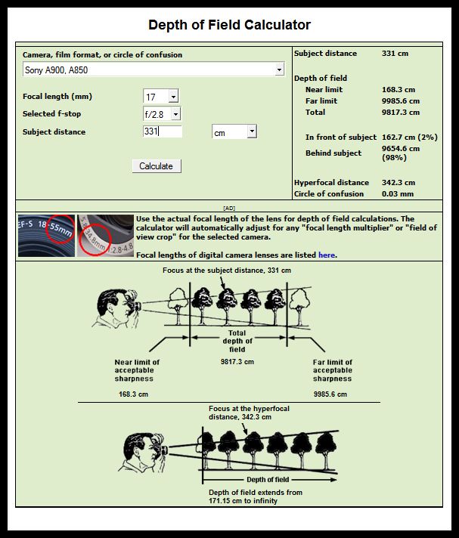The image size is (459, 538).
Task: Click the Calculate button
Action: (156, 166)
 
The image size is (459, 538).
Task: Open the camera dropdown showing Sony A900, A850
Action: (153, 70)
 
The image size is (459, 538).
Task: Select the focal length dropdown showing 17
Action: (161, 97)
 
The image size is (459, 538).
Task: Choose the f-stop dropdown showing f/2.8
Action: (162, 114)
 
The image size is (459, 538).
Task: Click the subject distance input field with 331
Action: (162, 132)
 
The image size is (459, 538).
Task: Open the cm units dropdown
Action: (234, 132)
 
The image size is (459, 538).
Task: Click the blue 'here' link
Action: (327, 255)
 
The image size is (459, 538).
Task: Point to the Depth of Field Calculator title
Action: (229, 25)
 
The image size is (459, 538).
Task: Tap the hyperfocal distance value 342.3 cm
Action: (399, 183)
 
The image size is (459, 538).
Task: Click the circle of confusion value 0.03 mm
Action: (399, 194)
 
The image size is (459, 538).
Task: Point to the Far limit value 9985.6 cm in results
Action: (402, 101)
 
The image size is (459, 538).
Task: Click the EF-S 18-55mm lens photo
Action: (46, 236)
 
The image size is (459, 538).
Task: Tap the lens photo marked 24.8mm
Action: (105, 236)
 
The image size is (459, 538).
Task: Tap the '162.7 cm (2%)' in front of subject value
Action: (408, 138)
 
